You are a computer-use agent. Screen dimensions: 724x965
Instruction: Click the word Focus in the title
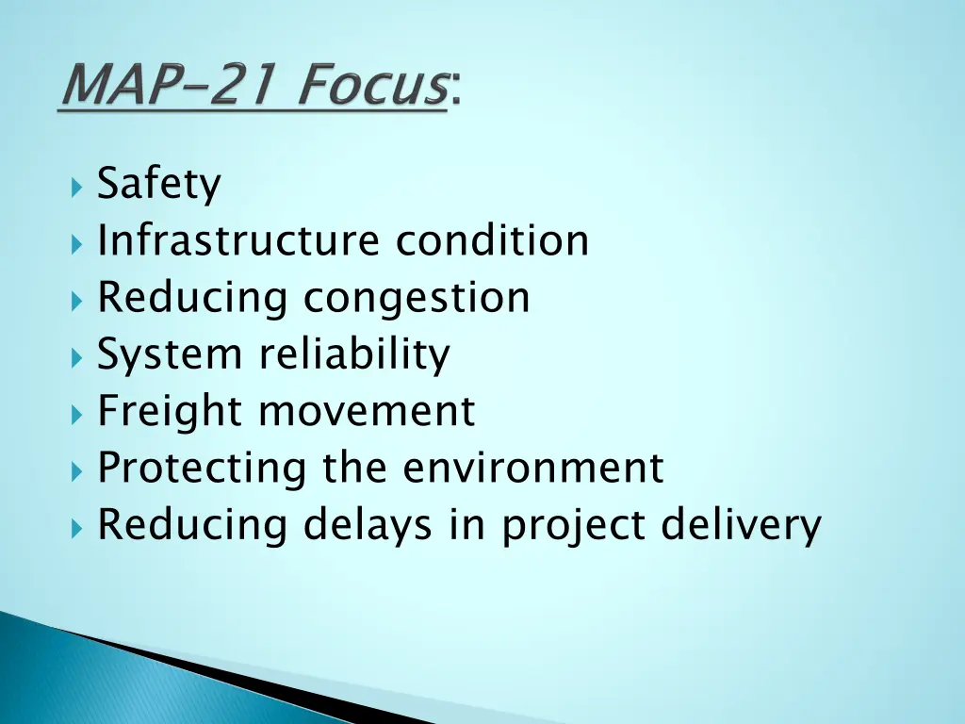[x=373, y=87]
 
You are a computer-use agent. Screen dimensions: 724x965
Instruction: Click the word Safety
[x=158, y=185]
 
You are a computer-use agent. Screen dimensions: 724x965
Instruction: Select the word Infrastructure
[x=238, y=240]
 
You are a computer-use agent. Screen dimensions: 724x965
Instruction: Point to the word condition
[x=492, y=240]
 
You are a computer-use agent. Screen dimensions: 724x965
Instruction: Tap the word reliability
[x=354, y=355]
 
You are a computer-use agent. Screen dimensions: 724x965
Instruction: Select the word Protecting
[x=202, y=469]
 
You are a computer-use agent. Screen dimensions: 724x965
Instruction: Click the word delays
[x=368, y=526]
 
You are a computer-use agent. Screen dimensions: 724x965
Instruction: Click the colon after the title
[x=456, y=93]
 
